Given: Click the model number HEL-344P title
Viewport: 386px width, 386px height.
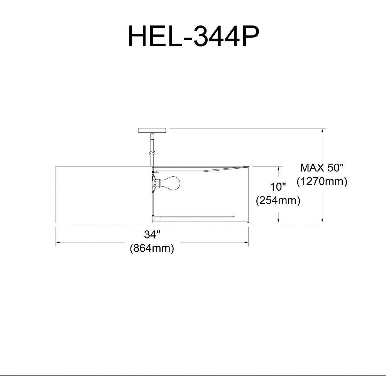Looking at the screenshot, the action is [193, 36].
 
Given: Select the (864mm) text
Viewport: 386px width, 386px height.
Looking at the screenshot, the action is [152, 248].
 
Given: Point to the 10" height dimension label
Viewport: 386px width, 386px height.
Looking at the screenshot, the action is [278, 187].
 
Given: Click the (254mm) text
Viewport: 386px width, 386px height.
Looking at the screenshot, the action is [278, 200].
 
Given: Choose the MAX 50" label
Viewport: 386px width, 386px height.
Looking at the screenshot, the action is [322, 168].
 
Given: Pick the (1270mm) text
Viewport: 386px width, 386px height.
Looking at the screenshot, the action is [322, 181].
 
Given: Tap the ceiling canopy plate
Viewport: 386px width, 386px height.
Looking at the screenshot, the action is [152, 130].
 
